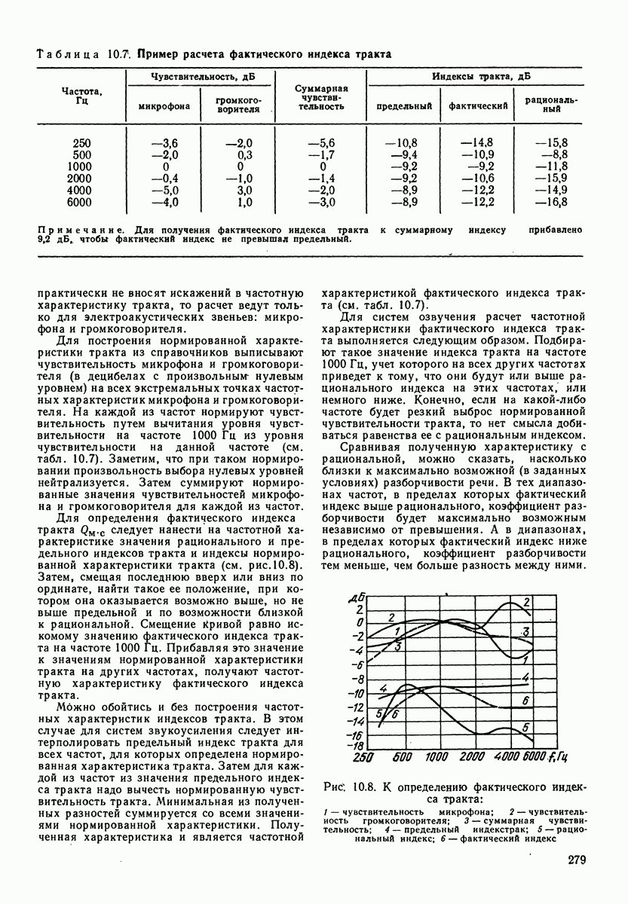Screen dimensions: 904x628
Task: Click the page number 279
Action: pos(571,860)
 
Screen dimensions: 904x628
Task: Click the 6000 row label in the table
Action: pos(78,202)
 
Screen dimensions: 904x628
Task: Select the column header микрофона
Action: pos(164,105)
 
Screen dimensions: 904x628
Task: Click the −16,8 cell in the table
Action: pos(551,202)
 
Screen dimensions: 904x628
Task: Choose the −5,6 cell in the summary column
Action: pos(320,142)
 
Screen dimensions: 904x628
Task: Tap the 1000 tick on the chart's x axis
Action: pos(438,757)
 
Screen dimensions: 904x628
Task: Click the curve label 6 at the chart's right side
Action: pos(525,701)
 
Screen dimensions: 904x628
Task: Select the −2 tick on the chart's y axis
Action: pos(357,637)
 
